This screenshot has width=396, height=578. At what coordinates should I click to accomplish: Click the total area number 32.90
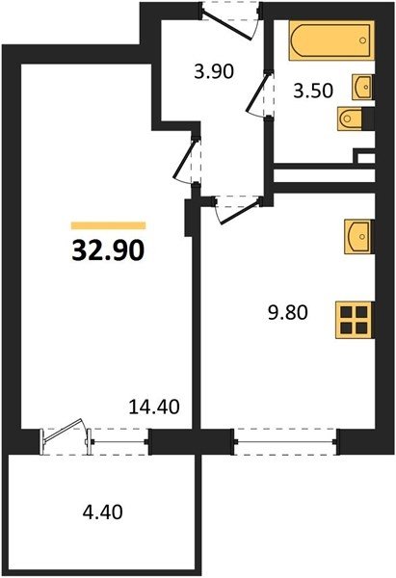coord(108,251)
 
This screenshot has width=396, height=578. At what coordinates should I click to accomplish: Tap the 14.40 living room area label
coord(154,407)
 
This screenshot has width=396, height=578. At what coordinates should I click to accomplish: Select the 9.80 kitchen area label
coord(287,313)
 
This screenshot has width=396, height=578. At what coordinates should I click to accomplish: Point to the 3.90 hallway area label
coord(214,71)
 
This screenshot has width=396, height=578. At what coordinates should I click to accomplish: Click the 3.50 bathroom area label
coord(313,91)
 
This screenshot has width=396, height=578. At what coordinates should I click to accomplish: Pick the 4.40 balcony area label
coord(102,512)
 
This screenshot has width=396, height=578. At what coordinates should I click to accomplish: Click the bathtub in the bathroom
coord(331,40)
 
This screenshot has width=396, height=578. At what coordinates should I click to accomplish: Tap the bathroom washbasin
coord(363,87)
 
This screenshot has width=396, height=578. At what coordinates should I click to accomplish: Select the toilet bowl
coord(351,118)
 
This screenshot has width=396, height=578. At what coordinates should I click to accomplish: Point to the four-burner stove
coord(355,320)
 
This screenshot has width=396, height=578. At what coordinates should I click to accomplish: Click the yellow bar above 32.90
coord(109,225)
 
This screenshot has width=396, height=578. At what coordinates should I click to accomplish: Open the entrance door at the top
coord(230,20)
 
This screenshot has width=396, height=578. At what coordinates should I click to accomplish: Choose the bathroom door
coord(260,95)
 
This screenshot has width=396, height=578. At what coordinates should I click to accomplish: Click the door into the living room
coord(187,160)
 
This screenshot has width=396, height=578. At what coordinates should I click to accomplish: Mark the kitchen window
coord(286,441)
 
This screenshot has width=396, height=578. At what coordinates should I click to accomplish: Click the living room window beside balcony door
coord(119,441)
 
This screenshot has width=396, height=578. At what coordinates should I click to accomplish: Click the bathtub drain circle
coord(363,40)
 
